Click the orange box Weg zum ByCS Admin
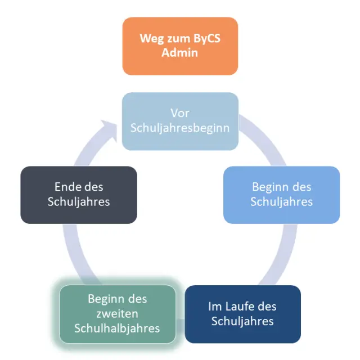[180, 46]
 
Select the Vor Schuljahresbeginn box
[180, 121]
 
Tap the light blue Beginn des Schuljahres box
[281, 195]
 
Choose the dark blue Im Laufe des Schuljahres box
[242, 314]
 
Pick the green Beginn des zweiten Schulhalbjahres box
[118, 314]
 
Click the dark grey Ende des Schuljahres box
[79, 195]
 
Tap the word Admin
[180, 53]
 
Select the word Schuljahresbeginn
[180, 128]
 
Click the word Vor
[180, 114]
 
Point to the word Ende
[67, 187]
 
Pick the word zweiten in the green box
[118, 313]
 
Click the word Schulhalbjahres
[118, 327]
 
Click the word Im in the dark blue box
[215, 307]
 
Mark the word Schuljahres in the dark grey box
[79, 201]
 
